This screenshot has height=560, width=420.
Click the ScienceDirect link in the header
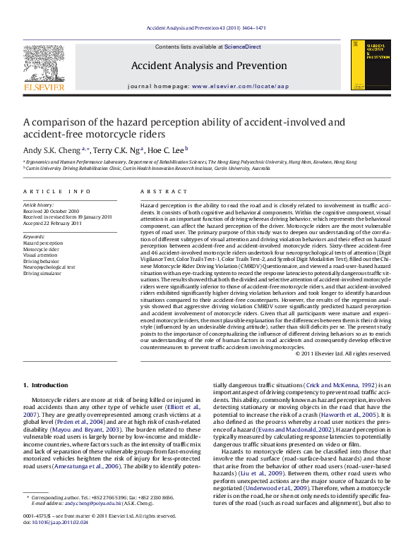[x=242, y=47]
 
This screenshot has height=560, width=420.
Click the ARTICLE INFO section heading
[x=57, y=192]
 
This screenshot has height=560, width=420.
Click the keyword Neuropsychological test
[x=49, y=267]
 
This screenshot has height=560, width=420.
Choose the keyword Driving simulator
[x=43, y=273]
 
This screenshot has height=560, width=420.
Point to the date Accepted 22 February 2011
[x=53, y=223]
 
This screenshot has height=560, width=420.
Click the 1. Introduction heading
[x=46, y=385]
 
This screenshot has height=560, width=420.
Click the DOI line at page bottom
[x=47, y=541]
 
